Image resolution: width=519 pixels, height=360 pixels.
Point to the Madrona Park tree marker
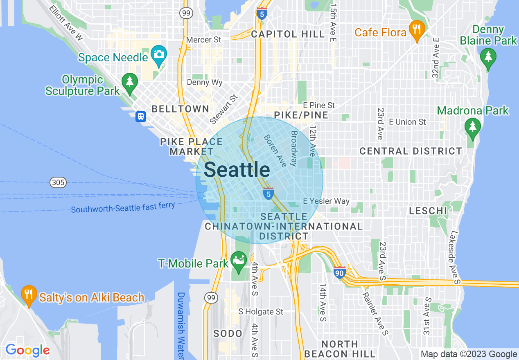pyautogui.click(x=473, y=126)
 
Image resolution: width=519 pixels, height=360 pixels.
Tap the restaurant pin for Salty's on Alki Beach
pyautogui.click(x=28, y=295)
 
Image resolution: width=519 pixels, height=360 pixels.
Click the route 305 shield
pyautogui.click(x=58, y=182)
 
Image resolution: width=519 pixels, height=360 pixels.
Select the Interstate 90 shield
pyautogui.click(x=340, y=272)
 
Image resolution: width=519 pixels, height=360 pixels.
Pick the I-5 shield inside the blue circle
pyautogui.click(x=268, y=193)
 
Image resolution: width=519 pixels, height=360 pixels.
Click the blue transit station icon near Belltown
pyautogui.click(x=141, y=117)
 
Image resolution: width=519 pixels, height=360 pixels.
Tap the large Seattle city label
pyautogui.click(x=237, y=169)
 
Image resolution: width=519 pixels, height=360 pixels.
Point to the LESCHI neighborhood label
pyautogui.click(x=428, y=211)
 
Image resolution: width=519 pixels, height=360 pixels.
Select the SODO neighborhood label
pyautogui.click(x=228, y=333)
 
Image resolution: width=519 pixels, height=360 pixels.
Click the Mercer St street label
pyautogui.click(x=203, y=40)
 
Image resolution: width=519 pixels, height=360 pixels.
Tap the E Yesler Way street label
pyautogui.click(x=326, y=201)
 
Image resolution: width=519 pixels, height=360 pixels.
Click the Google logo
pyautogui.click(x=27, y=350)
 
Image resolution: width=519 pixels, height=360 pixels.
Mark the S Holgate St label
pyautogui.click(x=261, y=311)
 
